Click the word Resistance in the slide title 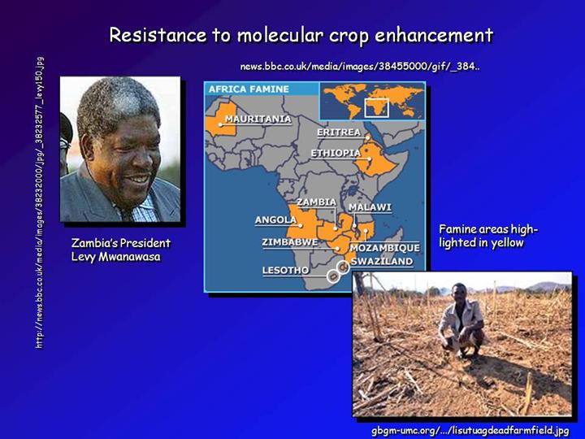pyautogui.click(x=158, y=35)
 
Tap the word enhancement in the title pyautogui.click(x=434, y=35)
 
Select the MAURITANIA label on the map pyautogui.click(x=258, y=119)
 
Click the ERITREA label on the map pyautogui.click(x=339, y=133)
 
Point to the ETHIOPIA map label pyautogui.click(x=336, y=153)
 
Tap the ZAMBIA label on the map pyautogui.click(x=316, y=202)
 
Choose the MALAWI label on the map pyautogui.click(x=370, y=207)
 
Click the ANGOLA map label pyautogui.click(x=275, y=219)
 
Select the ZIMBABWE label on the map pyautogui.click(x=290, y=242)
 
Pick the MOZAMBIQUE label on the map pyautogui.click(x=384, y=247)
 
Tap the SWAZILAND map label pyautogui.click(x=382, y=261)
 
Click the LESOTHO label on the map pyautogui.click(x=285, y=270)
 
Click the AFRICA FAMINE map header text pyautogui.click(x=249, y=89)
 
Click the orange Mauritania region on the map pyautogui.click(x=221, y=120)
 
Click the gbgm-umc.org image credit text pyautogui.click(x=470, y=430)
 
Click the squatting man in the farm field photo pyautogui.click(x=461, y=320)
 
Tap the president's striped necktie pyautogui.click(x=125, y=214)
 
